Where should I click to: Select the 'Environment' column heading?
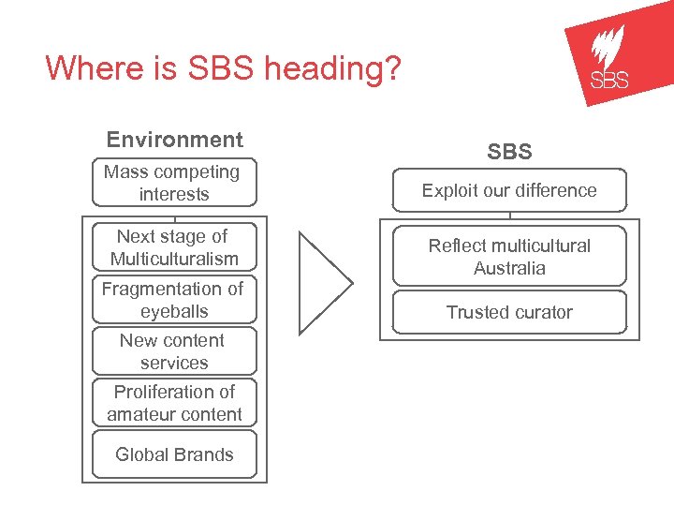pos(174,140)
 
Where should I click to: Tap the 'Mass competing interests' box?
pos(172,183)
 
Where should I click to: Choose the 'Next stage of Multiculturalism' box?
pos(174,247)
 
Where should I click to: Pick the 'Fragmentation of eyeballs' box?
pos(174,300)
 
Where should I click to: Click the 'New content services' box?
pos(174,351)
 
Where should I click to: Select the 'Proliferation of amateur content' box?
pos(174,403)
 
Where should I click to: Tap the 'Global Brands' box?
pos(174,454)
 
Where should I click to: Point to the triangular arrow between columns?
pos(323,282)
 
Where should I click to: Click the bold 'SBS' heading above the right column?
pos(509,151)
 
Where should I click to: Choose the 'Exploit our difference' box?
pos(509,190)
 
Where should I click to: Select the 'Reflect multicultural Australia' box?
pos(509,257)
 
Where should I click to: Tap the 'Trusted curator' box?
pos(509,312)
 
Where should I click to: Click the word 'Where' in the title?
pos(88,68)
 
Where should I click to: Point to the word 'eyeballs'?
pos(174,311)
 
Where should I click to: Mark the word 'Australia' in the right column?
pos(509,268)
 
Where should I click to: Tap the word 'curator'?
pos(539,312)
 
